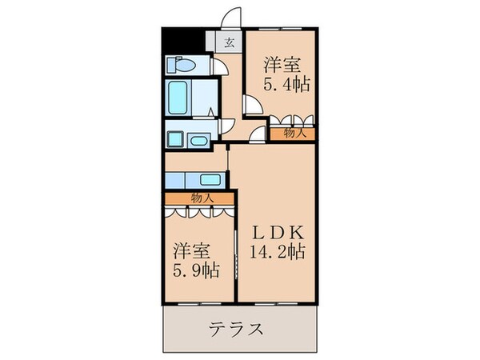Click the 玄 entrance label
(x=228, y=43)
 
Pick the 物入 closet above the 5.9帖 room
(x=200, y=198)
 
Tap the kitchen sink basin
(x=210, y=179)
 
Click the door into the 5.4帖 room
(x=251, y=106)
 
